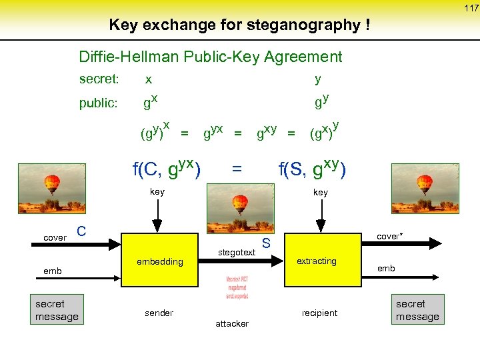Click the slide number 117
click(471, 8)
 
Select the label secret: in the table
click(99, 79)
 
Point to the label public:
click(98, 103)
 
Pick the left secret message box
click(57, 310)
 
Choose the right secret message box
click(417, 310)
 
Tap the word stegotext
click(237, 252)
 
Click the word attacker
click(232, 323)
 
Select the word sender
click(159, 313)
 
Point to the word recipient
click(319, 313)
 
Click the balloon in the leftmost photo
click(51, 183)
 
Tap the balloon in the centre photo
click(240, 203)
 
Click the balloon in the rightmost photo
click(424, 183)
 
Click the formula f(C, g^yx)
click(167, 169)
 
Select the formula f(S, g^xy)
click(312, 169)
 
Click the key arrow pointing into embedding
click(157, 217)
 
